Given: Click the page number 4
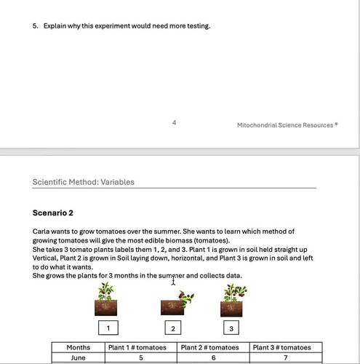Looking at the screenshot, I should (x=174, y=123).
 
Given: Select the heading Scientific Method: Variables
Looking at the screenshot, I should (x=84, y=182).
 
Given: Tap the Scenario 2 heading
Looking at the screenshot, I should (x=53, y=213).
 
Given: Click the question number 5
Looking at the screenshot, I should (x=35, y=26).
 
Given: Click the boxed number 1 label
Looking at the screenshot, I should (x=108, y=328).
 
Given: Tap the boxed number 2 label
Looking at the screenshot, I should (x=173, y=328).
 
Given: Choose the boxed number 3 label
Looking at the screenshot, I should (x=231, y=328).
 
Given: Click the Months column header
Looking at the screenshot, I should (x=78, y=348).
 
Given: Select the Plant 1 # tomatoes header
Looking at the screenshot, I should (x=140, y=348).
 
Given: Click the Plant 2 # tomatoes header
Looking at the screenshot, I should (x=212, y=348).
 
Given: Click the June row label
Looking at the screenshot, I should (x=78, y=358).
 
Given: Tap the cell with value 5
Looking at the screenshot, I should (x=141, y=358).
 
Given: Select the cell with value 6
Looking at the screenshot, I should (x=212, y=358).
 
